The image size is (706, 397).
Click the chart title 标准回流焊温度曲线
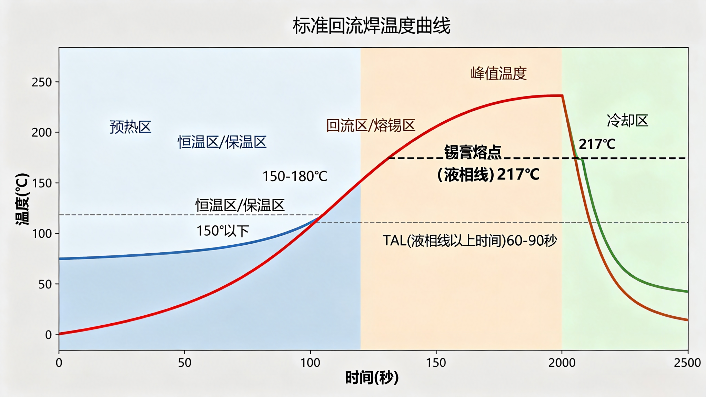click(x=372, y=26)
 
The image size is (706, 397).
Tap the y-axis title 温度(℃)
click(x=22, y=199)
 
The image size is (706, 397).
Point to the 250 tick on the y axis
click(x=42, y=82)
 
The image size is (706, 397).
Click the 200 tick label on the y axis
click(x=42, y=133)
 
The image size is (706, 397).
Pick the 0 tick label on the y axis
click(x=49, y=335)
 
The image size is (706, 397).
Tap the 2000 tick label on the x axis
click(x=562, y=363)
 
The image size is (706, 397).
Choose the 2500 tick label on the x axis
click(x=687, y=363)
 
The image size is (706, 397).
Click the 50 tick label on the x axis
click(x=184, y=363)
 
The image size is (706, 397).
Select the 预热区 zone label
click(x=131, y=127)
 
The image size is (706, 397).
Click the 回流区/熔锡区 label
click(x=371, y=125)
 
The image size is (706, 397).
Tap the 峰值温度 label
click(x=499, y=73)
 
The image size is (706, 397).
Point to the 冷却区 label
click(x=627, y=121)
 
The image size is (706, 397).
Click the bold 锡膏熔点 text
click(x=473, y=152)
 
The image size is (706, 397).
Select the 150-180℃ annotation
click(x=295, y=176)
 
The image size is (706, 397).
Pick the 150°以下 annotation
click(x=223, y=231)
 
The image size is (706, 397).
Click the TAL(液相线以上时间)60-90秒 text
click(x=470, y=241)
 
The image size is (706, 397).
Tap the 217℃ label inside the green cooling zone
click(x=597, y=144)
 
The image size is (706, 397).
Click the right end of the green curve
click(x=688, y=292)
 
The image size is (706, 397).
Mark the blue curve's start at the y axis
click(x=59, y=259)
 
